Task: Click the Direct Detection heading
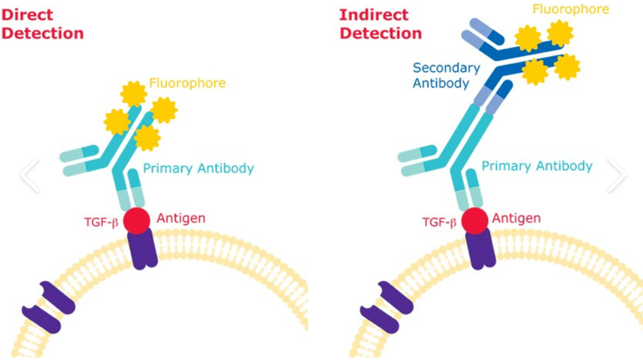tap(42, 24)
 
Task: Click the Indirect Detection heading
tap(381, 24)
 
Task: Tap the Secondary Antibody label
tap(446, 76)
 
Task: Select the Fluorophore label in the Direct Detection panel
tap(187, 83)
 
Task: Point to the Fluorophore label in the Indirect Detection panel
tap(570, 9)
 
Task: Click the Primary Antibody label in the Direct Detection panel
tap(199, 169)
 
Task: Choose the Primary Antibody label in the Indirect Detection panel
tap(537, 166)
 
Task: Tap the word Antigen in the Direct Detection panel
tap(181, 218)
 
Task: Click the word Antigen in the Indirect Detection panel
tap(516, 218)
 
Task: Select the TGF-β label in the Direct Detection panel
tap(101, 222)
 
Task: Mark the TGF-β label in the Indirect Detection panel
tap(439, 222)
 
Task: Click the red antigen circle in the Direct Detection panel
tap(137, 221)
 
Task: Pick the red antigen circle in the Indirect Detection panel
tap(475, 221)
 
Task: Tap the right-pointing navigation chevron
tap(618, 174)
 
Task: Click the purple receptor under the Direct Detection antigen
tap(143, 249)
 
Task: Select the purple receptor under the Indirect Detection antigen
tap(481, 249)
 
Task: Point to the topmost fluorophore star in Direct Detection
tap(134, 94)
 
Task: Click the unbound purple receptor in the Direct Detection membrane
tap(48, 307)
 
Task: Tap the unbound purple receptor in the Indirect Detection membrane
tap(387, 307)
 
